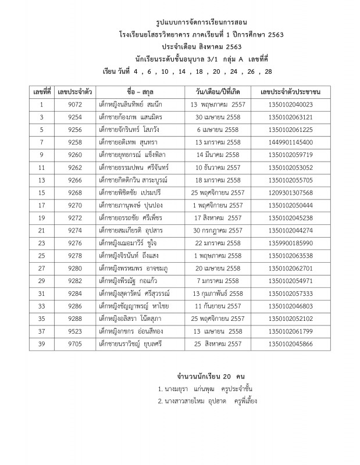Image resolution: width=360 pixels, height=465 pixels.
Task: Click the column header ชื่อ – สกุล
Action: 139,92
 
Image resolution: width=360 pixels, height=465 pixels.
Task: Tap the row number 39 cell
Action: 41,344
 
